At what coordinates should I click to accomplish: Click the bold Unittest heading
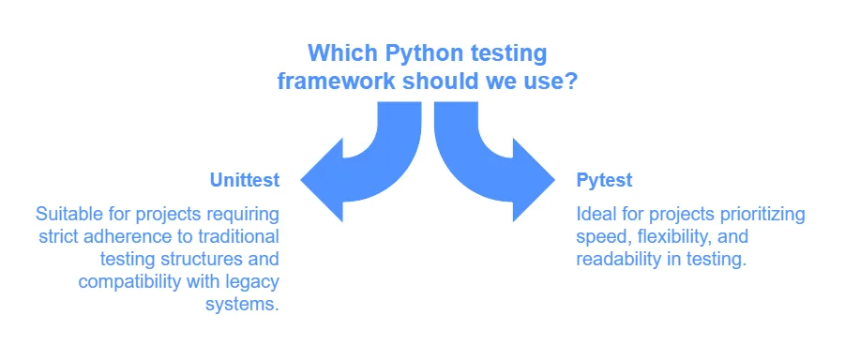(245, 180)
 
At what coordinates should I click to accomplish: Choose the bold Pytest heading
(604, 181)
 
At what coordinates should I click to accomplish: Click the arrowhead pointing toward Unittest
(322, 180)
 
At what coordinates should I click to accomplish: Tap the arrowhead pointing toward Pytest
(534, 180)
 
